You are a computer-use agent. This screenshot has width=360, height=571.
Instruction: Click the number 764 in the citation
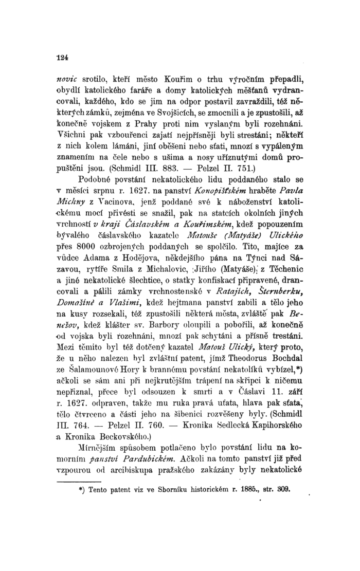[98, 425]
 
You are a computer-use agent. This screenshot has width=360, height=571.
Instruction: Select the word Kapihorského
[267, 425]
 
